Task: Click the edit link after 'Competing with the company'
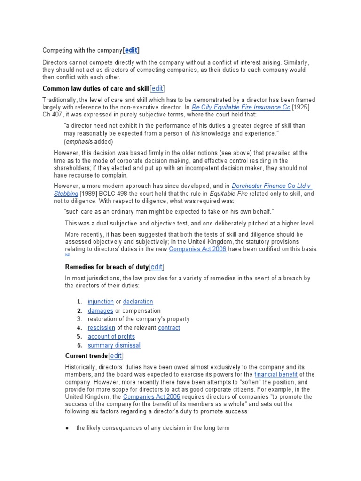(131, 50)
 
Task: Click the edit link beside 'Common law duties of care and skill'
(157, 89)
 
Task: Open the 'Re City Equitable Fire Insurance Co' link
(241, 107)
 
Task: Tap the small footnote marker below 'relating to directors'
(67, 255)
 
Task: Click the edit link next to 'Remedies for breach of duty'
(156, 267)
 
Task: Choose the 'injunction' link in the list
(101, 302)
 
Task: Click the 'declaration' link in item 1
(138, 302)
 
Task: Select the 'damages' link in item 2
(100, 310)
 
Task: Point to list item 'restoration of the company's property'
(139, 319)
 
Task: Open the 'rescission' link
(101, 328)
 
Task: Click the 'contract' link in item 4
(169, 328)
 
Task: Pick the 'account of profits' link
(111, 336)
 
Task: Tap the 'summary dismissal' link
(114, 345)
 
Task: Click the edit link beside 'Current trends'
(115, 356)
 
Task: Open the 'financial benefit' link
(276, 374)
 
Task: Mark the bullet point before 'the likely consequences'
(68, 428)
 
